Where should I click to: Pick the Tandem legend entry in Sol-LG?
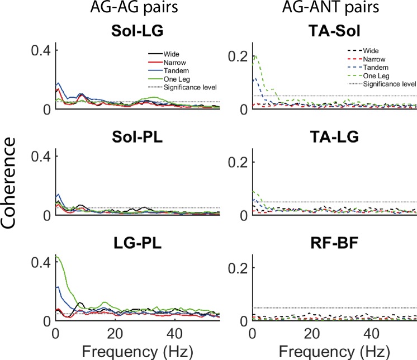tap(174, 69)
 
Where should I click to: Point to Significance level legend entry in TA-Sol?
tap(389, 84)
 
